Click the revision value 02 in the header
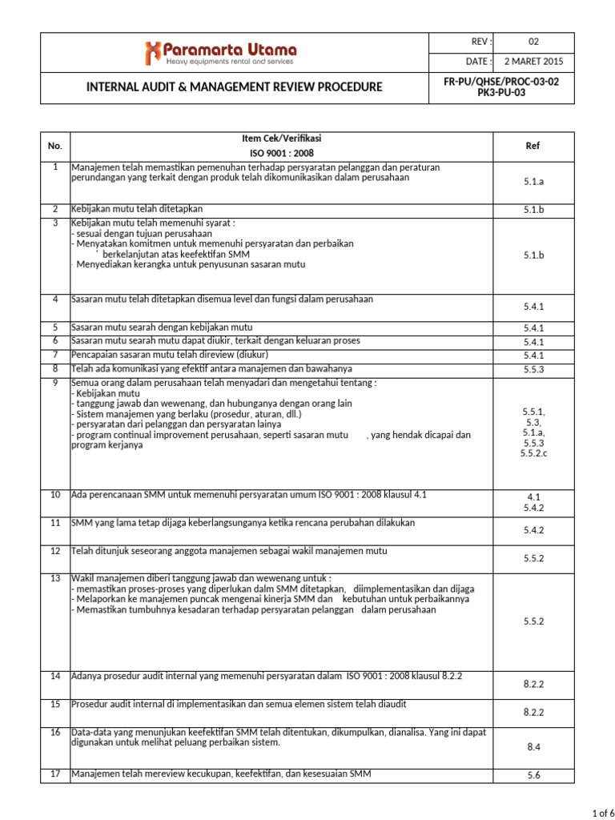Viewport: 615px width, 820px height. (x=534, y=42)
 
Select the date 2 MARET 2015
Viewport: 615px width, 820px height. (x=534, y=62)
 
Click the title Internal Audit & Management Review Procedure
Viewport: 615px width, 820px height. (x=234, y=87)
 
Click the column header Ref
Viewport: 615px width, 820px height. (x=533, y=146)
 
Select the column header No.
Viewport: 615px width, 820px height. (x=54, y=146)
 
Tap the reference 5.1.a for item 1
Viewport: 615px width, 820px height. (x=533, y=182)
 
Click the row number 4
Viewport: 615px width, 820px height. (x=55, y=299)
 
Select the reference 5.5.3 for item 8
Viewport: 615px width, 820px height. (x=533, y=369)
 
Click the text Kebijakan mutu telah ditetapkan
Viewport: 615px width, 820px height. (x=137, y=208)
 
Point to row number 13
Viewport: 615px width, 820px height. (x=55, y=578)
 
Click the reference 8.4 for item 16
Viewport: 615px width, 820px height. (x=533, y=746)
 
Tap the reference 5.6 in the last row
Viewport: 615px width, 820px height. (x=533, y=774)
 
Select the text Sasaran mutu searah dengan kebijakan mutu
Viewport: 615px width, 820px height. (x=163, y=327)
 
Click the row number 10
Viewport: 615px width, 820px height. (x=55, y=495)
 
